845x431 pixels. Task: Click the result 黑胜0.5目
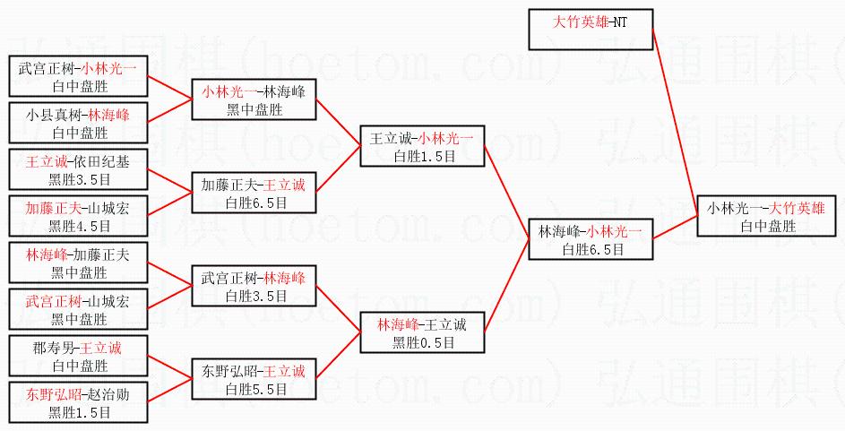click(422, 341)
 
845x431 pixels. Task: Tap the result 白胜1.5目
click(422, 155)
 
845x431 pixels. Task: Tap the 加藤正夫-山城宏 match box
click(79, 215)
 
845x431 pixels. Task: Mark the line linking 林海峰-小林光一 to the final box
click(675, 228)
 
